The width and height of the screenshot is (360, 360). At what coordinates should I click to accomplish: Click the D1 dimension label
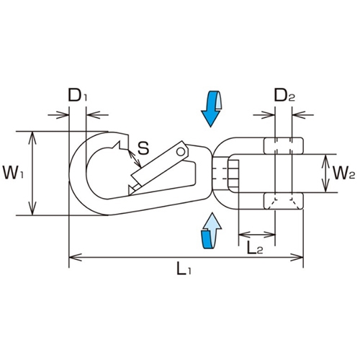pyautogui.click(x=78, y=95)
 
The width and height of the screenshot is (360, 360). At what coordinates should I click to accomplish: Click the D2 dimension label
pyautogui.click(x=284, y=95)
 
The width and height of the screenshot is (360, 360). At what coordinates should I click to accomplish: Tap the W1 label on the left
pyautogui.click(x=13, y=173)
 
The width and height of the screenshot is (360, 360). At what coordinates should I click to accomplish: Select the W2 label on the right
pyautogui.click(x=344, y=173)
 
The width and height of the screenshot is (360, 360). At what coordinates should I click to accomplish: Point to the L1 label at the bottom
pyautogui.click(x=184, y=269)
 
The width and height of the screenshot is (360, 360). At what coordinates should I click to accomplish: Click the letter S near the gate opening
pyautogui.click(x=143, y=148)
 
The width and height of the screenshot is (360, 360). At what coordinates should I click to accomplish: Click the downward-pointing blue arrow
pyautogui.click(x=212, y=109)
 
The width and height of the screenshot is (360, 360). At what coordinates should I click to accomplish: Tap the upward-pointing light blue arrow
pyautogui.click(x=212, y=230)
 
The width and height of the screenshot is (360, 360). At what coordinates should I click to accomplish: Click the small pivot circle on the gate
pyautogui.click(x=181, y=151)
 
